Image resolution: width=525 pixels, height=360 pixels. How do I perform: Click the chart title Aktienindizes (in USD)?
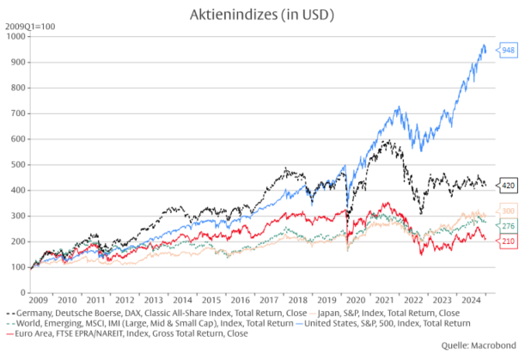pos(261,15)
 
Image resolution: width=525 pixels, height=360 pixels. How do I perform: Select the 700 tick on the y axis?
pos(18,113)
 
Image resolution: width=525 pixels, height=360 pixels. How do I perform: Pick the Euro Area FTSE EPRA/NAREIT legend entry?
pos(129,333)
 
